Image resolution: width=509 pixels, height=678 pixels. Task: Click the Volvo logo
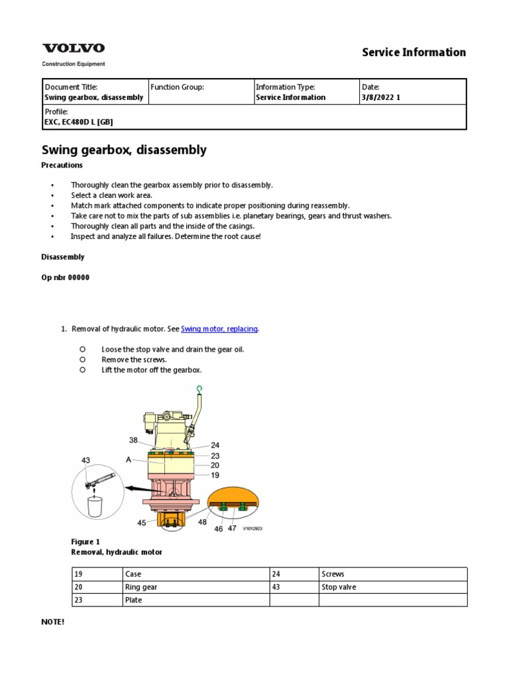coord(74,48)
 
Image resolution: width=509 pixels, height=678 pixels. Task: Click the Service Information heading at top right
coord(414,52)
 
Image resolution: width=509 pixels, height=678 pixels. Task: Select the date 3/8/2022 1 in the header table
coord(381,97)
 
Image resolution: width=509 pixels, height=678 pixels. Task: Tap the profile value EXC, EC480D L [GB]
coord(83,122)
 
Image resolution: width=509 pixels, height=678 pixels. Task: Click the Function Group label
coord(177,87)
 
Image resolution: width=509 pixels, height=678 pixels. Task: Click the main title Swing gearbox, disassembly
coord(124,150)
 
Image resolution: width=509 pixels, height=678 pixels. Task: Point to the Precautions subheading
coord(62,165)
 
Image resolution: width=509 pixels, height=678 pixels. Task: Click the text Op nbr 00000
coord(66,277)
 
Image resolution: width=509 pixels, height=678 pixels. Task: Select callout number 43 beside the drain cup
coord(85,460)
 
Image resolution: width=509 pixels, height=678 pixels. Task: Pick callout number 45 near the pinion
coord(142,523)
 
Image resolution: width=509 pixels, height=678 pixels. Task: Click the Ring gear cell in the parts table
coord(141,587)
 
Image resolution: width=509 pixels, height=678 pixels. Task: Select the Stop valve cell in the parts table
coord(339,587)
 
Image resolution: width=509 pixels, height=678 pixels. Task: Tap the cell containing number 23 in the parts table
coord(79,600)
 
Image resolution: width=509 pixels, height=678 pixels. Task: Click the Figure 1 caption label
coord(85,542)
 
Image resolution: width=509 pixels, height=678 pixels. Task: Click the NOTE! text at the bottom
coord(54,622)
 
